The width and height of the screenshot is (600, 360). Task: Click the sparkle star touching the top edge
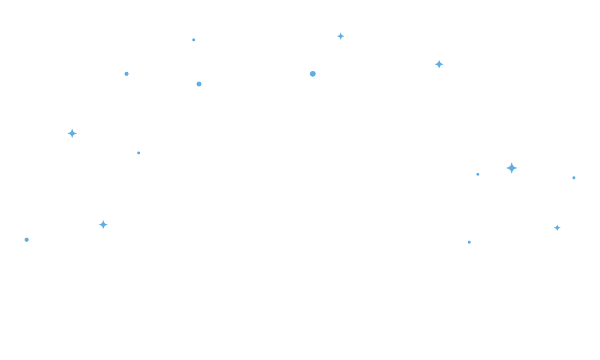click(341, 36)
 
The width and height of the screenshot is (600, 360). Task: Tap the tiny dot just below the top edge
click(194, 40)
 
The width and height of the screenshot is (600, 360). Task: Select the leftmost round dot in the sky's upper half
click(127, 74)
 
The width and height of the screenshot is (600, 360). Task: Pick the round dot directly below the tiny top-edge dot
click(199, 84)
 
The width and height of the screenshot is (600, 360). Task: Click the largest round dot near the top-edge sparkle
click(313, 74)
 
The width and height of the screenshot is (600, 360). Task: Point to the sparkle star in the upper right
click(439, 64)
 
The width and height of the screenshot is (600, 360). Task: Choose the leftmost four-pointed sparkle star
click(72, 133)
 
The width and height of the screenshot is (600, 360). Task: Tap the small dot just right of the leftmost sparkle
click(139, 153)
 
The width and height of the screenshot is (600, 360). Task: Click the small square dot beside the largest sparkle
click(478, 175)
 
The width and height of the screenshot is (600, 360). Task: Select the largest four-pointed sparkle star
click(512, 168)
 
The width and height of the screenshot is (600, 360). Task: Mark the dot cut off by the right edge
click(574, 178)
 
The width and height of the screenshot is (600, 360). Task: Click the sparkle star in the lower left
click(103, 224)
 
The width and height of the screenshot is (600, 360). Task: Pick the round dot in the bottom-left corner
click(26, 239)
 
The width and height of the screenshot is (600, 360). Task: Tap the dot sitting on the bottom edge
click(469, 242)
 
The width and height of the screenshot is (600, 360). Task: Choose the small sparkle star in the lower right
click(557, 228)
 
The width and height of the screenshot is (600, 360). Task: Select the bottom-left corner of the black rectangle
click(25, 243)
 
